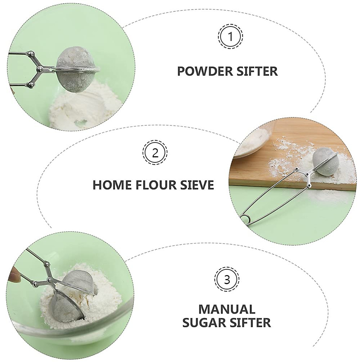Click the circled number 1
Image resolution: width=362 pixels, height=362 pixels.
point(230,37)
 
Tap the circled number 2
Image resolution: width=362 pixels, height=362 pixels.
point(155,154)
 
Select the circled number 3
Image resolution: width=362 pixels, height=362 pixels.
point(227,279)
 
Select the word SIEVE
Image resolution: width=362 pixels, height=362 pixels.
point(197,184)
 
